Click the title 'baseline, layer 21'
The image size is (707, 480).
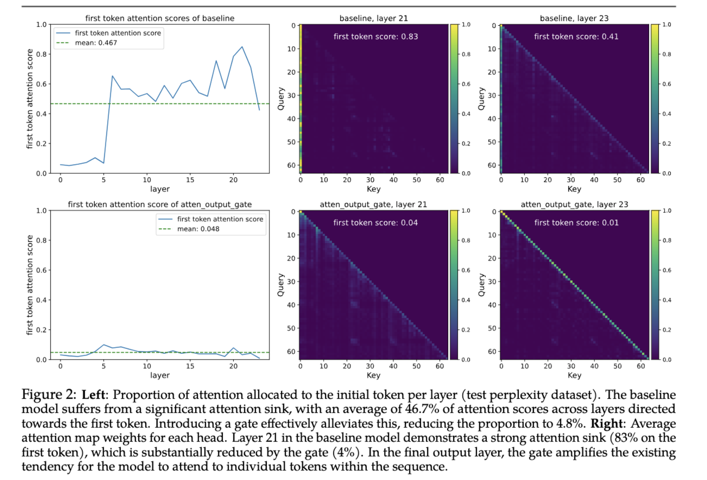(x=373, y=18)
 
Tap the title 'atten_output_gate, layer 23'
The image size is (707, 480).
(x=574, y=204)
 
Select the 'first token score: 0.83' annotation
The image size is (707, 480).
(x=375, y=37)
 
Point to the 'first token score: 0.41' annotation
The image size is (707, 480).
(x=576, y=37)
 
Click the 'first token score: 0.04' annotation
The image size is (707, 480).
(x=375, y=223)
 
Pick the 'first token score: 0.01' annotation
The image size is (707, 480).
(x=576, y=223)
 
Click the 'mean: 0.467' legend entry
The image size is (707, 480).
(x=96, y=43)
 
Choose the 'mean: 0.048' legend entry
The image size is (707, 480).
(x=198, y=229)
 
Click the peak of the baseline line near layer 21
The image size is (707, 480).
(x=242, y=47)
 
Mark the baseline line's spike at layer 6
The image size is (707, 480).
(x=112, y=76)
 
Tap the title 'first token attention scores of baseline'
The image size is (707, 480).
(x=160, y=18)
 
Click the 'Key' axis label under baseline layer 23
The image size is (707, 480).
(x=574, y=189)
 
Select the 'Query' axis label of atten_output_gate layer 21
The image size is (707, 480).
(x=281, y=285)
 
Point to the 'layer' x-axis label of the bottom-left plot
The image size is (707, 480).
(x=160, y=375)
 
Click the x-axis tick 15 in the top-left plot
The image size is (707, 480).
(x=190, y=180)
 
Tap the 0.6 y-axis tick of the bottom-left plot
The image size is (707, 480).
(x=41, y=270)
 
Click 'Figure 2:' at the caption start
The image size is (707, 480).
(x=48, y=395)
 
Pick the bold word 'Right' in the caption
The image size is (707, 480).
(x=606, y=424)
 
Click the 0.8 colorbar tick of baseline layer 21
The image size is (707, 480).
(x=466, y=54)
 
